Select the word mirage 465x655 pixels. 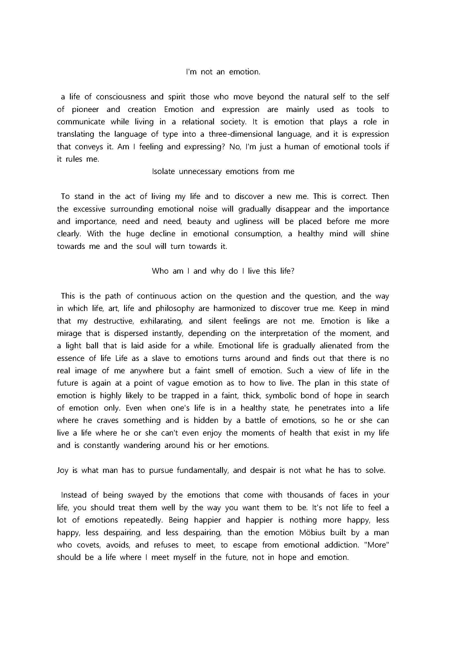point(69,333)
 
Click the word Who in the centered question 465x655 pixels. point(160,271)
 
